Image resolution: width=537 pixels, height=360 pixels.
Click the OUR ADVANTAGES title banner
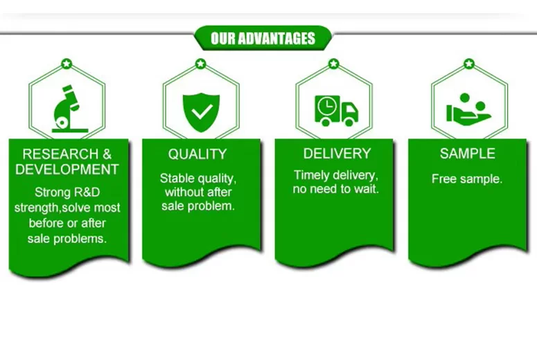click(263, 38)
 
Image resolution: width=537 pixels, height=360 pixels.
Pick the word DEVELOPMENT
click(67, 169)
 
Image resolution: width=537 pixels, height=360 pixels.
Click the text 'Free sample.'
click(467, 179)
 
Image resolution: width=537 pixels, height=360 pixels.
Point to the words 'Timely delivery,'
click(336, 175)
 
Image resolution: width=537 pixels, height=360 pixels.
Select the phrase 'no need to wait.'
click(336, 189)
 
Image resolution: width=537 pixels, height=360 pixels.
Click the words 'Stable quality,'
click(197, 178)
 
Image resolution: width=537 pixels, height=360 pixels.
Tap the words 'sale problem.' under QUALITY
click(199, 206)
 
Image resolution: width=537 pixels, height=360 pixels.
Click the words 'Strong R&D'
click(67, 192)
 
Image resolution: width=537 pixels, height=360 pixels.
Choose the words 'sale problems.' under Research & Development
click(67, 238)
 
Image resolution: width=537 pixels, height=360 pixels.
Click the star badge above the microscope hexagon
click(67, 64)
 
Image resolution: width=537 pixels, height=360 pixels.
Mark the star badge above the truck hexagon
click(333, 64)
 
